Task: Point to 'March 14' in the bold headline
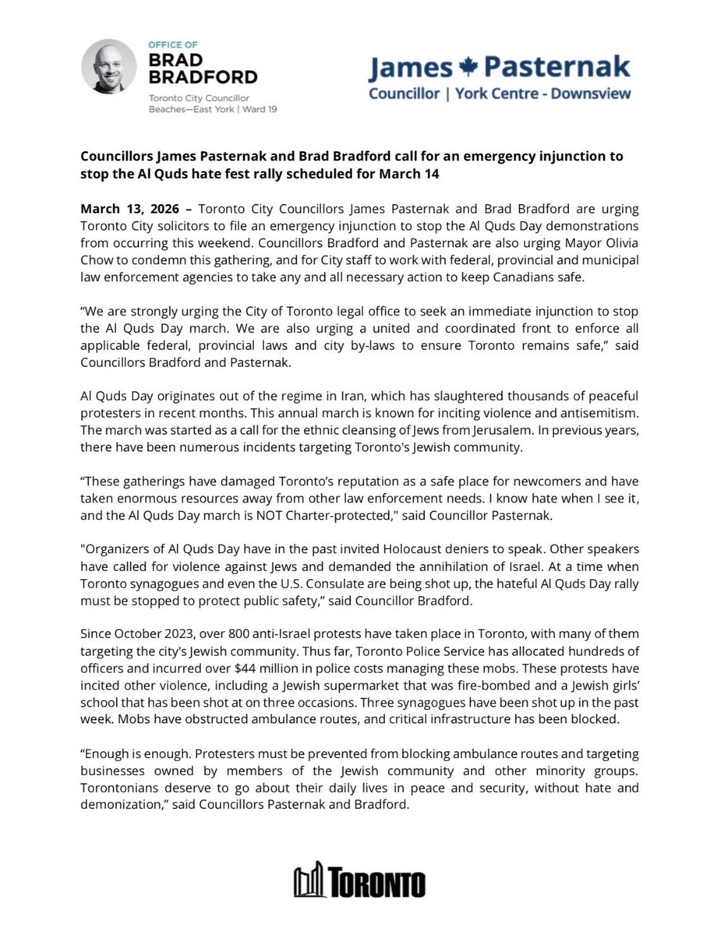[x=415, y=174]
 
